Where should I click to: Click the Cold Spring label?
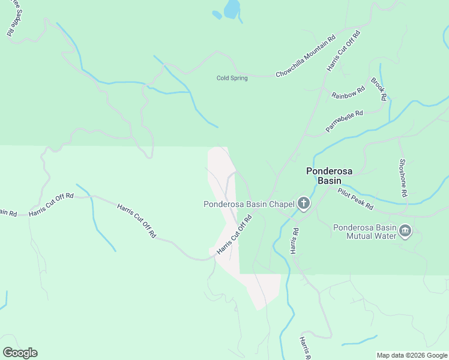point(232,78)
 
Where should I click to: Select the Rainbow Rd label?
point(348,93)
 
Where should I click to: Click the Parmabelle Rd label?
point(345,121)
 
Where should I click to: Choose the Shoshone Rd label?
point(403,178)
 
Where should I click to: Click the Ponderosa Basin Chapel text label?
point(249,204)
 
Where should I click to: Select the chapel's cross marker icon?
point(304,204)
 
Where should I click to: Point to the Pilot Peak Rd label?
point(355,199)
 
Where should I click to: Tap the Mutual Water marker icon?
point(405,231)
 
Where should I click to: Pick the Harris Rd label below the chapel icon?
point(295,240)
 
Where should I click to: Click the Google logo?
point(20,353)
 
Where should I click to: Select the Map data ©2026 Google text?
point(412,355)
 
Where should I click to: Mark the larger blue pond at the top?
point(232,9)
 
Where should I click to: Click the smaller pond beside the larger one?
point(217,15)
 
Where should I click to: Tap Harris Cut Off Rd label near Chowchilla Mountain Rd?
point(343,51)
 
